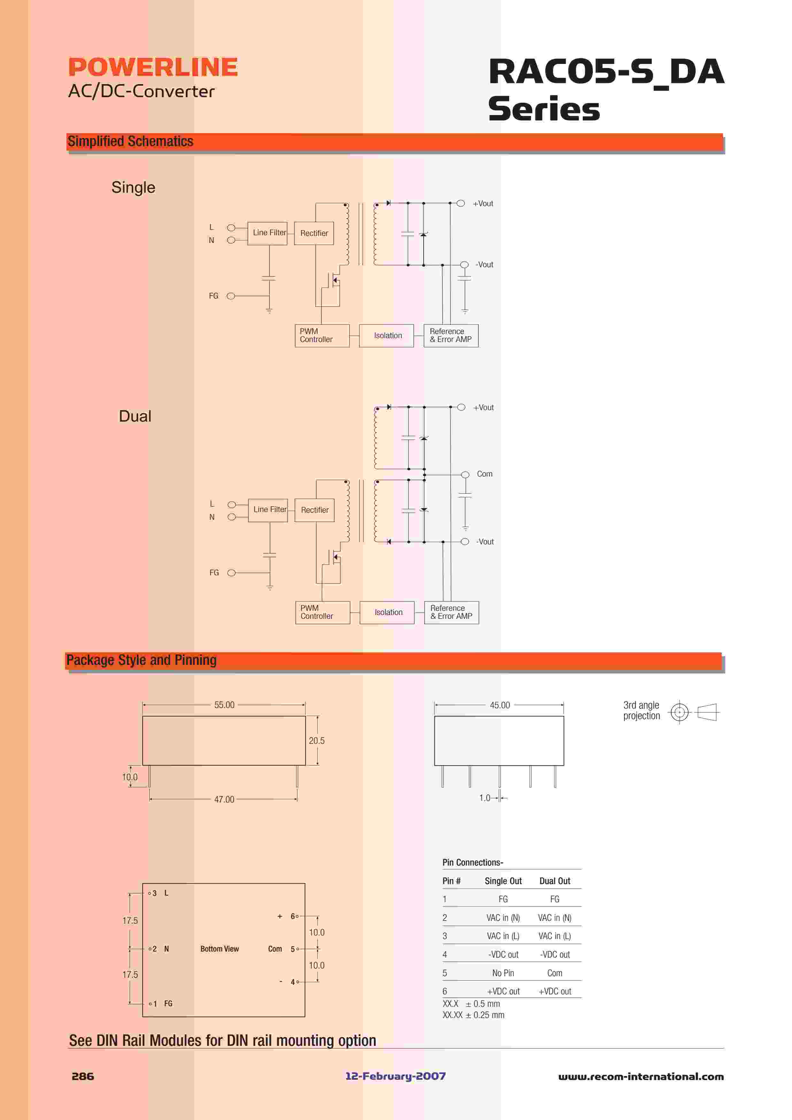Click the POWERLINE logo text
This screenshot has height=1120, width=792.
pyautogui.click(x=153, y=67)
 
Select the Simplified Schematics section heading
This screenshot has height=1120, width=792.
pyautogui.click(x=130, y=142)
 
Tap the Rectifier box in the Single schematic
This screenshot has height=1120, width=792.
pyautogui.click(x=314, y=233)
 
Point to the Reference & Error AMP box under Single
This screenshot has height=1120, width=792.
pyautogui.click(x=451, y=336)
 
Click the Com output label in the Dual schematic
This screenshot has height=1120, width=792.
pyautogui.click(x=485, y=474)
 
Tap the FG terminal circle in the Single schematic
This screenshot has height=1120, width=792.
pyautogui.click(x=231, y=296)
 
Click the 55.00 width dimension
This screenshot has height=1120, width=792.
pyautogui.click(x=224, y=705)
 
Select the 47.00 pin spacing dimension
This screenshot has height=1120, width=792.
pyautogui.click(x=224, y=799)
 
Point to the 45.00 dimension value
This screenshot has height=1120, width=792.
pyautogui.click(x=500, y=705)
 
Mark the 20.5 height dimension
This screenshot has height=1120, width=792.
pyautogui.click(x=317, y=741)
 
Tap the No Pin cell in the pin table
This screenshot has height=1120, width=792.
pyautogui.click(x=503, y=973)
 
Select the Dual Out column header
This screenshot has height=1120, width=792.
pyautogui.click(x=555, y=881)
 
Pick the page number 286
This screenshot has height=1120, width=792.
pyautogui.click(x=83, y=1077)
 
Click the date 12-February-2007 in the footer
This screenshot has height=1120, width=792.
pyautogui.click(x=396, y=1077)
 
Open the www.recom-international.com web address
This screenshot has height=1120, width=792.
pyautogui.click(x=641, y=1077)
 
